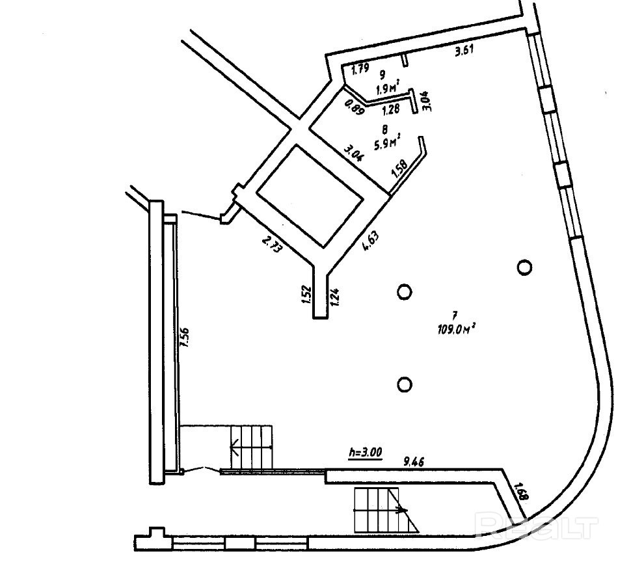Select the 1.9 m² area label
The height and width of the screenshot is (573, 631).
pos(388,86)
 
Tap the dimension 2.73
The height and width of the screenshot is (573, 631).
pos(271,244)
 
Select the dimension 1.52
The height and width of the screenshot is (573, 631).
pos(306,295)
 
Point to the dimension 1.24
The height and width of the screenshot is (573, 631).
pos(334,297)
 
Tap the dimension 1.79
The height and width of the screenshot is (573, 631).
pos(360,69)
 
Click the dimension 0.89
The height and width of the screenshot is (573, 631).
pos(355,105)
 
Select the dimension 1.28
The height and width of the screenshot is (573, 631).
pos(390,109)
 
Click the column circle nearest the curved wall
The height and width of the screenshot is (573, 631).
pos(524,267)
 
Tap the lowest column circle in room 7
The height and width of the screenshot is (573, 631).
pos(405,384)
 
